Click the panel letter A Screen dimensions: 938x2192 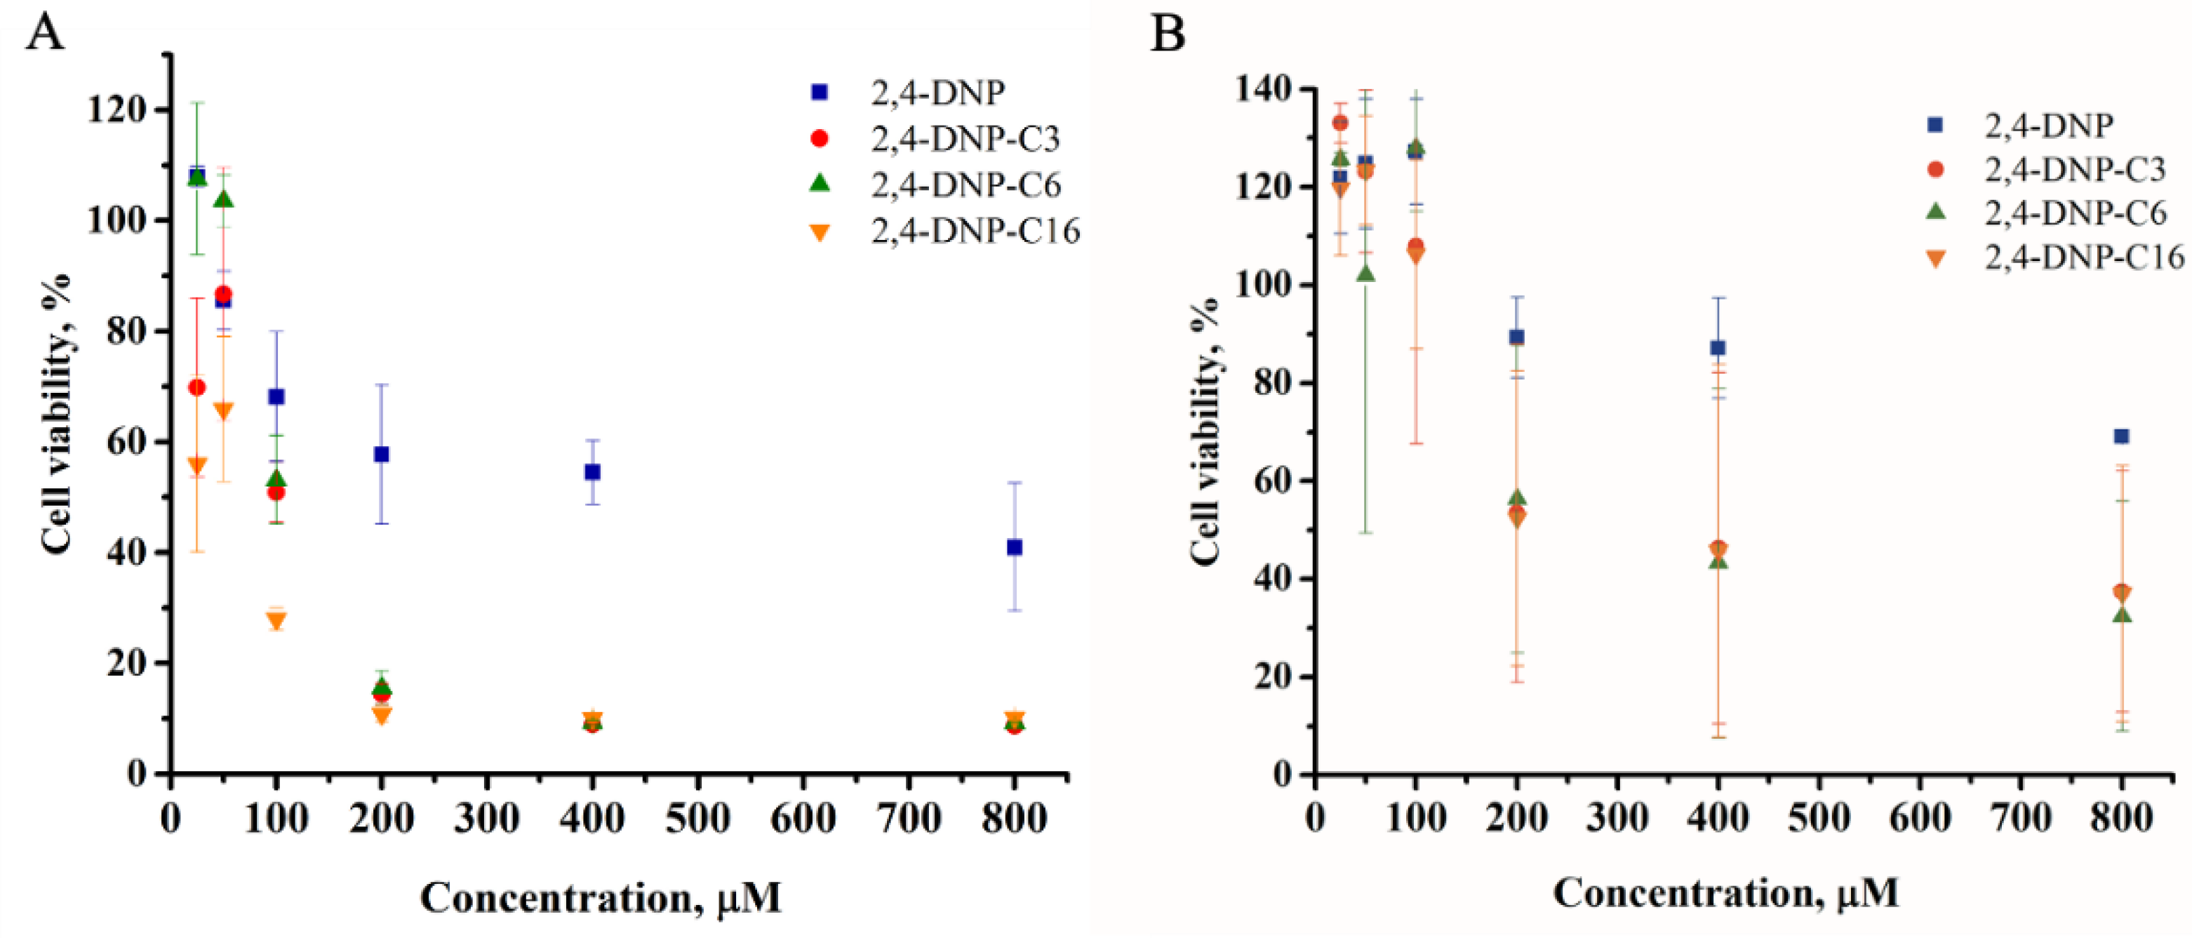44,34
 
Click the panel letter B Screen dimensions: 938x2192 1168,34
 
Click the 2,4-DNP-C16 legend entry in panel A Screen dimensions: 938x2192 975,231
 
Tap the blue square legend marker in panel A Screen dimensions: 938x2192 820,92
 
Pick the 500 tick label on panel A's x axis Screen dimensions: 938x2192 697,819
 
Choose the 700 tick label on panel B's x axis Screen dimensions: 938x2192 2021,819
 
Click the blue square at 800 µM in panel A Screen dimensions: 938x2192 1013,547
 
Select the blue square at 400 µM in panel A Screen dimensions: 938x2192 592,471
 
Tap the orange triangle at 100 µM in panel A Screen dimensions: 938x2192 276,620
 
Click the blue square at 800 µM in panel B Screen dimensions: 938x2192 2121,436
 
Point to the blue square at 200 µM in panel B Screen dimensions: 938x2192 1516,337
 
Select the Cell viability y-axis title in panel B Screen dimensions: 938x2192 1204,430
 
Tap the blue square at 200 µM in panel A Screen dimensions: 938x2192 381,455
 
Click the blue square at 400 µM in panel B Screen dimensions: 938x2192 1718,347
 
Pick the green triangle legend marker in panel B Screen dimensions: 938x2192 1935,213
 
